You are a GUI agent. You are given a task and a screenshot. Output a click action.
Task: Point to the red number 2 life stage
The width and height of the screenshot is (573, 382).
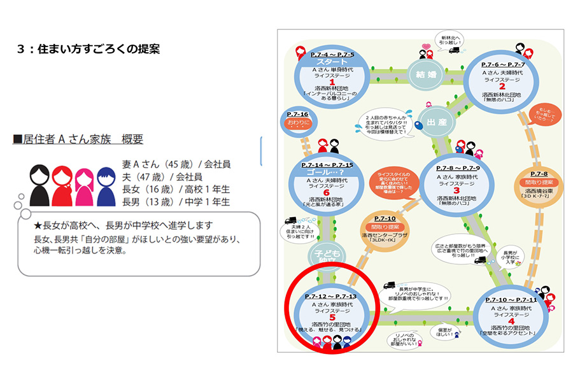coord(502,87)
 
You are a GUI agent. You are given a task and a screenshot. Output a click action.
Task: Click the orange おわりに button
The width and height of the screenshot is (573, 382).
coord(299,121)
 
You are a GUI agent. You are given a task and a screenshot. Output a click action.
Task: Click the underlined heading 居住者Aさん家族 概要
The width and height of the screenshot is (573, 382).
coord(78,139)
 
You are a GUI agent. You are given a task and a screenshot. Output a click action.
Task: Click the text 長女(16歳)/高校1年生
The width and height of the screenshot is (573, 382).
coord(176,189)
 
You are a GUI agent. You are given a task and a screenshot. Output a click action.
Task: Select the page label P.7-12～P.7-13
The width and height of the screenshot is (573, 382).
coord(330,297)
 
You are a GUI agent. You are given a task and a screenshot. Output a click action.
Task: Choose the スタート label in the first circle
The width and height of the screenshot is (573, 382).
coord(332,62)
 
